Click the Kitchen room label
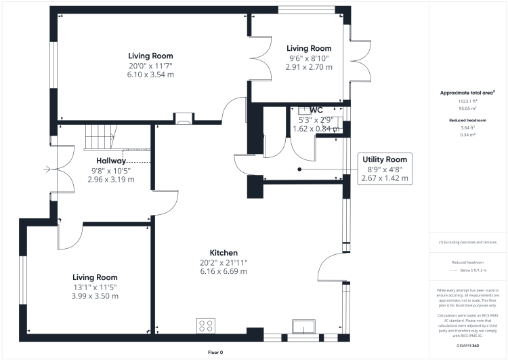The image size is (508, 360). tap(224, 252)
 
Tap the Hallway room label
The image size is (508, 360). tap(111, 160)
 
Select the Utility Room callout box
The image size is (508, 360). tap(384, 168)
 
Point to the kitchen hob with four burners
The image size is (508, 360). tap(206, 326)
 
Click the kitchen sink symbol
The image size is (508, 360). tap(300, 327)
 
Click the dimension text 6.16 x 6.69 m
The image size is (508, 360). tap(224, 271)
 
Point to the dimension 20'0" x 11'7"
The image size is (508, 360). tap(151, 66)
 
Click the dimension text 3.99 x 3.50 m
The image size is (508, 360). tap(96, 296)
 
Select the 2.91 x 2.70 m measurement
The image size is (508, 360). tap(309, 67)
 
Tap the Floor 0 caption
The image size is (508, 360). tap(215, 353)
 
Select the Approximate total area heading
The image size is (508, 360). tap(467, 92)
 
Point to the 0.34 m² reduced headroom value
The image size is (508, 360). tap(467, 134)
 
